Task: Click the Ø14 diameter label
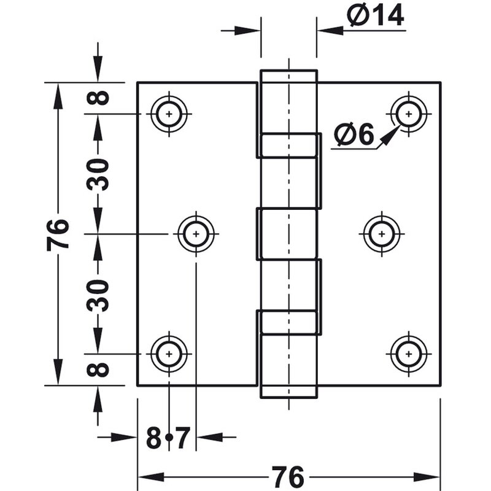(x=374, y=15)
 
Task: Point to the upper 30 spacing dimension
(x=98, y=174)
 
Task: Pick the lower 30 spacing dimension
(x=98, y=294)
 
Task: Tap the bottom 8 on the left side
(x=98, y=369)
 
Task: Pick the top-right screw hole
(x=408, y=114)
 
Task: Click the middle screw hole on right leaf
(x=382, y=234)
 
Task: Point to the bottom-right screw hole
(x=408, y=354)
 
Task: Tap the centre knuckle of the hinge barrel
(x=288, y=234)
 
